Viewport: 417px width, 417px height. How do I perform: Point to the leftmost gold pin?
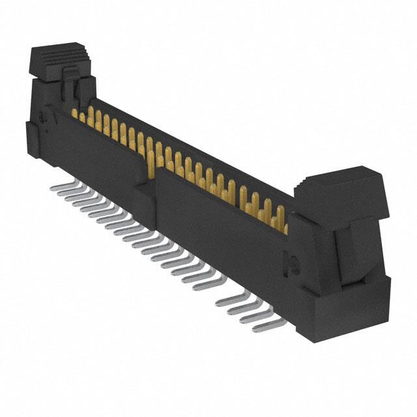click(74, 113)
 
